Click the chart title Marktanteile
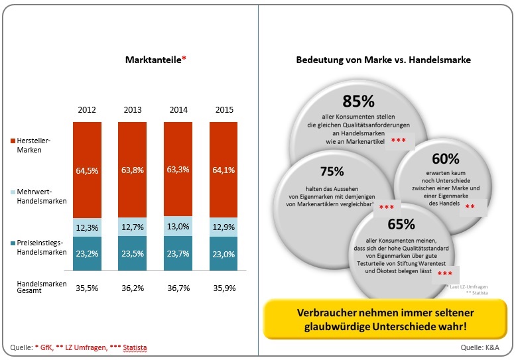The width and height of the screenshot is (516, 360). point(155,60)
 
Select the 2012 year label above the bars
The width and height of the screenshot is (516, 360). point(88,109)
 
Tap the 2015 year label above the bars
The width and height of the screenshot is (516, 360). point(224,109)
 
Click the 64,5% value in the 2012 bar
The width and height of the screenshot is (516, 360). point(88,170)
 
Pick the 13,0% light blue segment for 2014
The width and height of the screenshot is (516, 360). point(178,226)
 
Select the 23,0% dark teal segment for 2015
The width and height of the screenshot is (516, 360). point(224,253)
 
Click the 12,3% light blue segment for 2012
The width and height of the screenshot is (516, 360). point(88,228)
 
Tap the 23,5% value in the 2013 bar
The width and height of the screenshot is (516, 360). point(133,253)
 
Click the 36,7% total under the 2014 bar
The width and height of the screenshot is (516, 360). point(178,288)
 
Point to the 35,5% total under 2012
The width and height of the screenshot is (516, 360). point(88,288)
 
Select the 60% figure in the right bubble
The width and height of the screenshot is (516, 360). point(445,159)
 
